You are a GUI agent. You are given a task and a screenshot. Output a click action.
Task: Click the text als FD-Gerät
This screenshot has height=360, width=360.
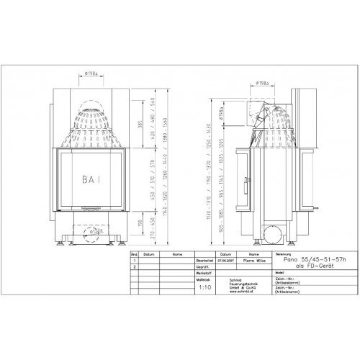[x=304, y=265]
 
